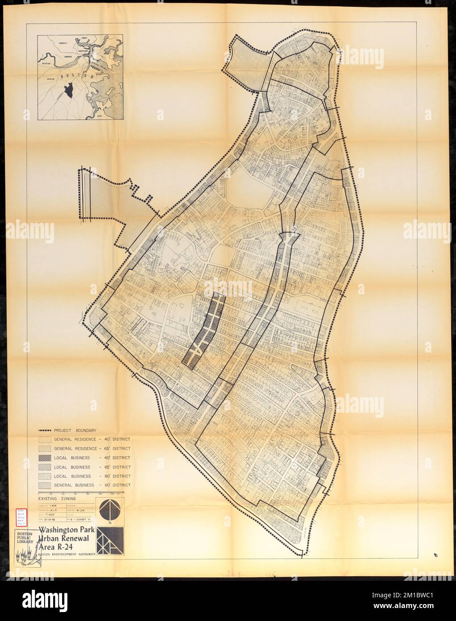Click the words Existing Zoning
pyautogui.click(x=57, y=498)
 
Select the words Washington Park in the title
pyautogui.click(x=67, y=530)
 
